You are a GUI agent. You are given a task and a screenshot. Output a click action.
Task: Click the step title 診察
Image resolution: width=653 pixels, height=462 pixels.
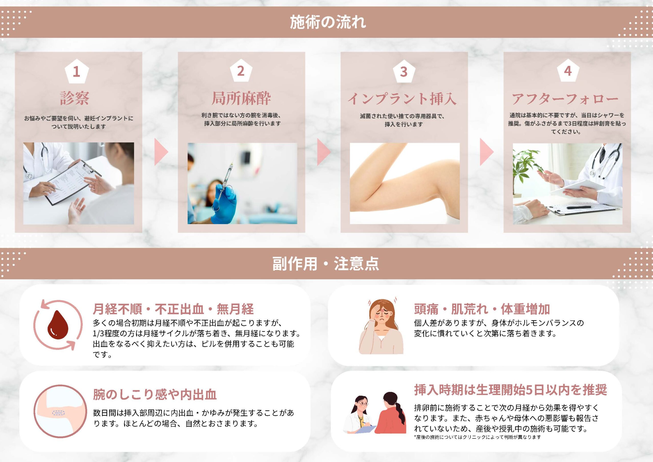[75, 98]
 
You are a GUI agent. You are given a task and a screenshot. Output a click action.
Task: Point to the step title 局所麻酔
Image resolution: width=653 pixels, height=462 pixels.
[241, 98]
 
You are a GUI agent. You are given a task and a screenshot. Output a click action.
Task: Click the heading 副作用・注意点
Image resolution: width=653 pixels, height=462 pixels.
[326, 264]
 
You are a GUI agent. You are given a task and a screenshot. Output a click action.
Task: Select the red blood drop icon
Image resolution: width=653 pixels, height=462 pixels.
[58, 325]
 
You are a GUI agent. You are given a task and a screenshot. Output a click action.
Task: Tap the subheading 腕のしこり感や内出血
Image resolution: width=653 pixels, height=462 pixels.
[155, 394]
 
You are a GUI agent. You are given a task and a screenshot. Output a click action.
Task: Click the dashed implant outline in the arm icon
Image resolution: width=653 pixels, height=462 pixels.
[59, 413]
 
